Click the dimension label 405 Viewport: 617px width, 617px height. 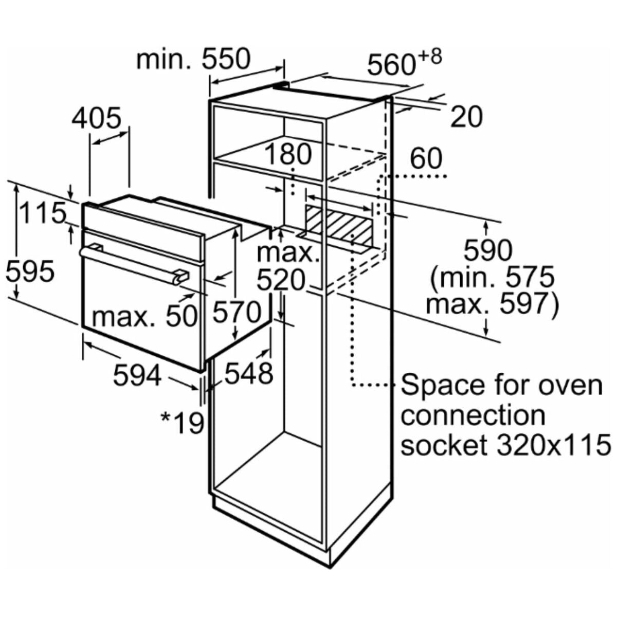[x=97, y=118]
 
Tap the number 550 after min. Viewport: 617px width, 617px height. [x=225, y=59]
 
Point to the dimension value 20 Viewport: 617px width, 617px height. [x=466, y=117]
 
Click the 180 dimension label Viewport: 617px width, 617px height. [x=288, y=155]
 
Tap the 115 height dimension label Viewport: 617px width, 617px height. [x=42, y=213]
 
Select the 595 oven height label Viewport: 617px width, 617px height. [x=30, y=270]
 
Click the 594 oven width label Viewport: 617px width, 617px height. [x=137, y=375]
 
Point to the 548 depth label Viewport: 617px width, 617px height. [x=248, y=373]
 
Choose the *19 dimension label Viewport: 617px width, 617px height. [x=183, y=423]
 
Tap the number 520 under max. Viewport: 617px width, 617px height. [x=281, y=280]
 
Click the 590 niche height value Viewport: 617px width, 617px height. [x=488, y=250]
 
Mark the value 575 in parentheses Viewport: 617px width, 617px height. [x=530, y=277]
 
